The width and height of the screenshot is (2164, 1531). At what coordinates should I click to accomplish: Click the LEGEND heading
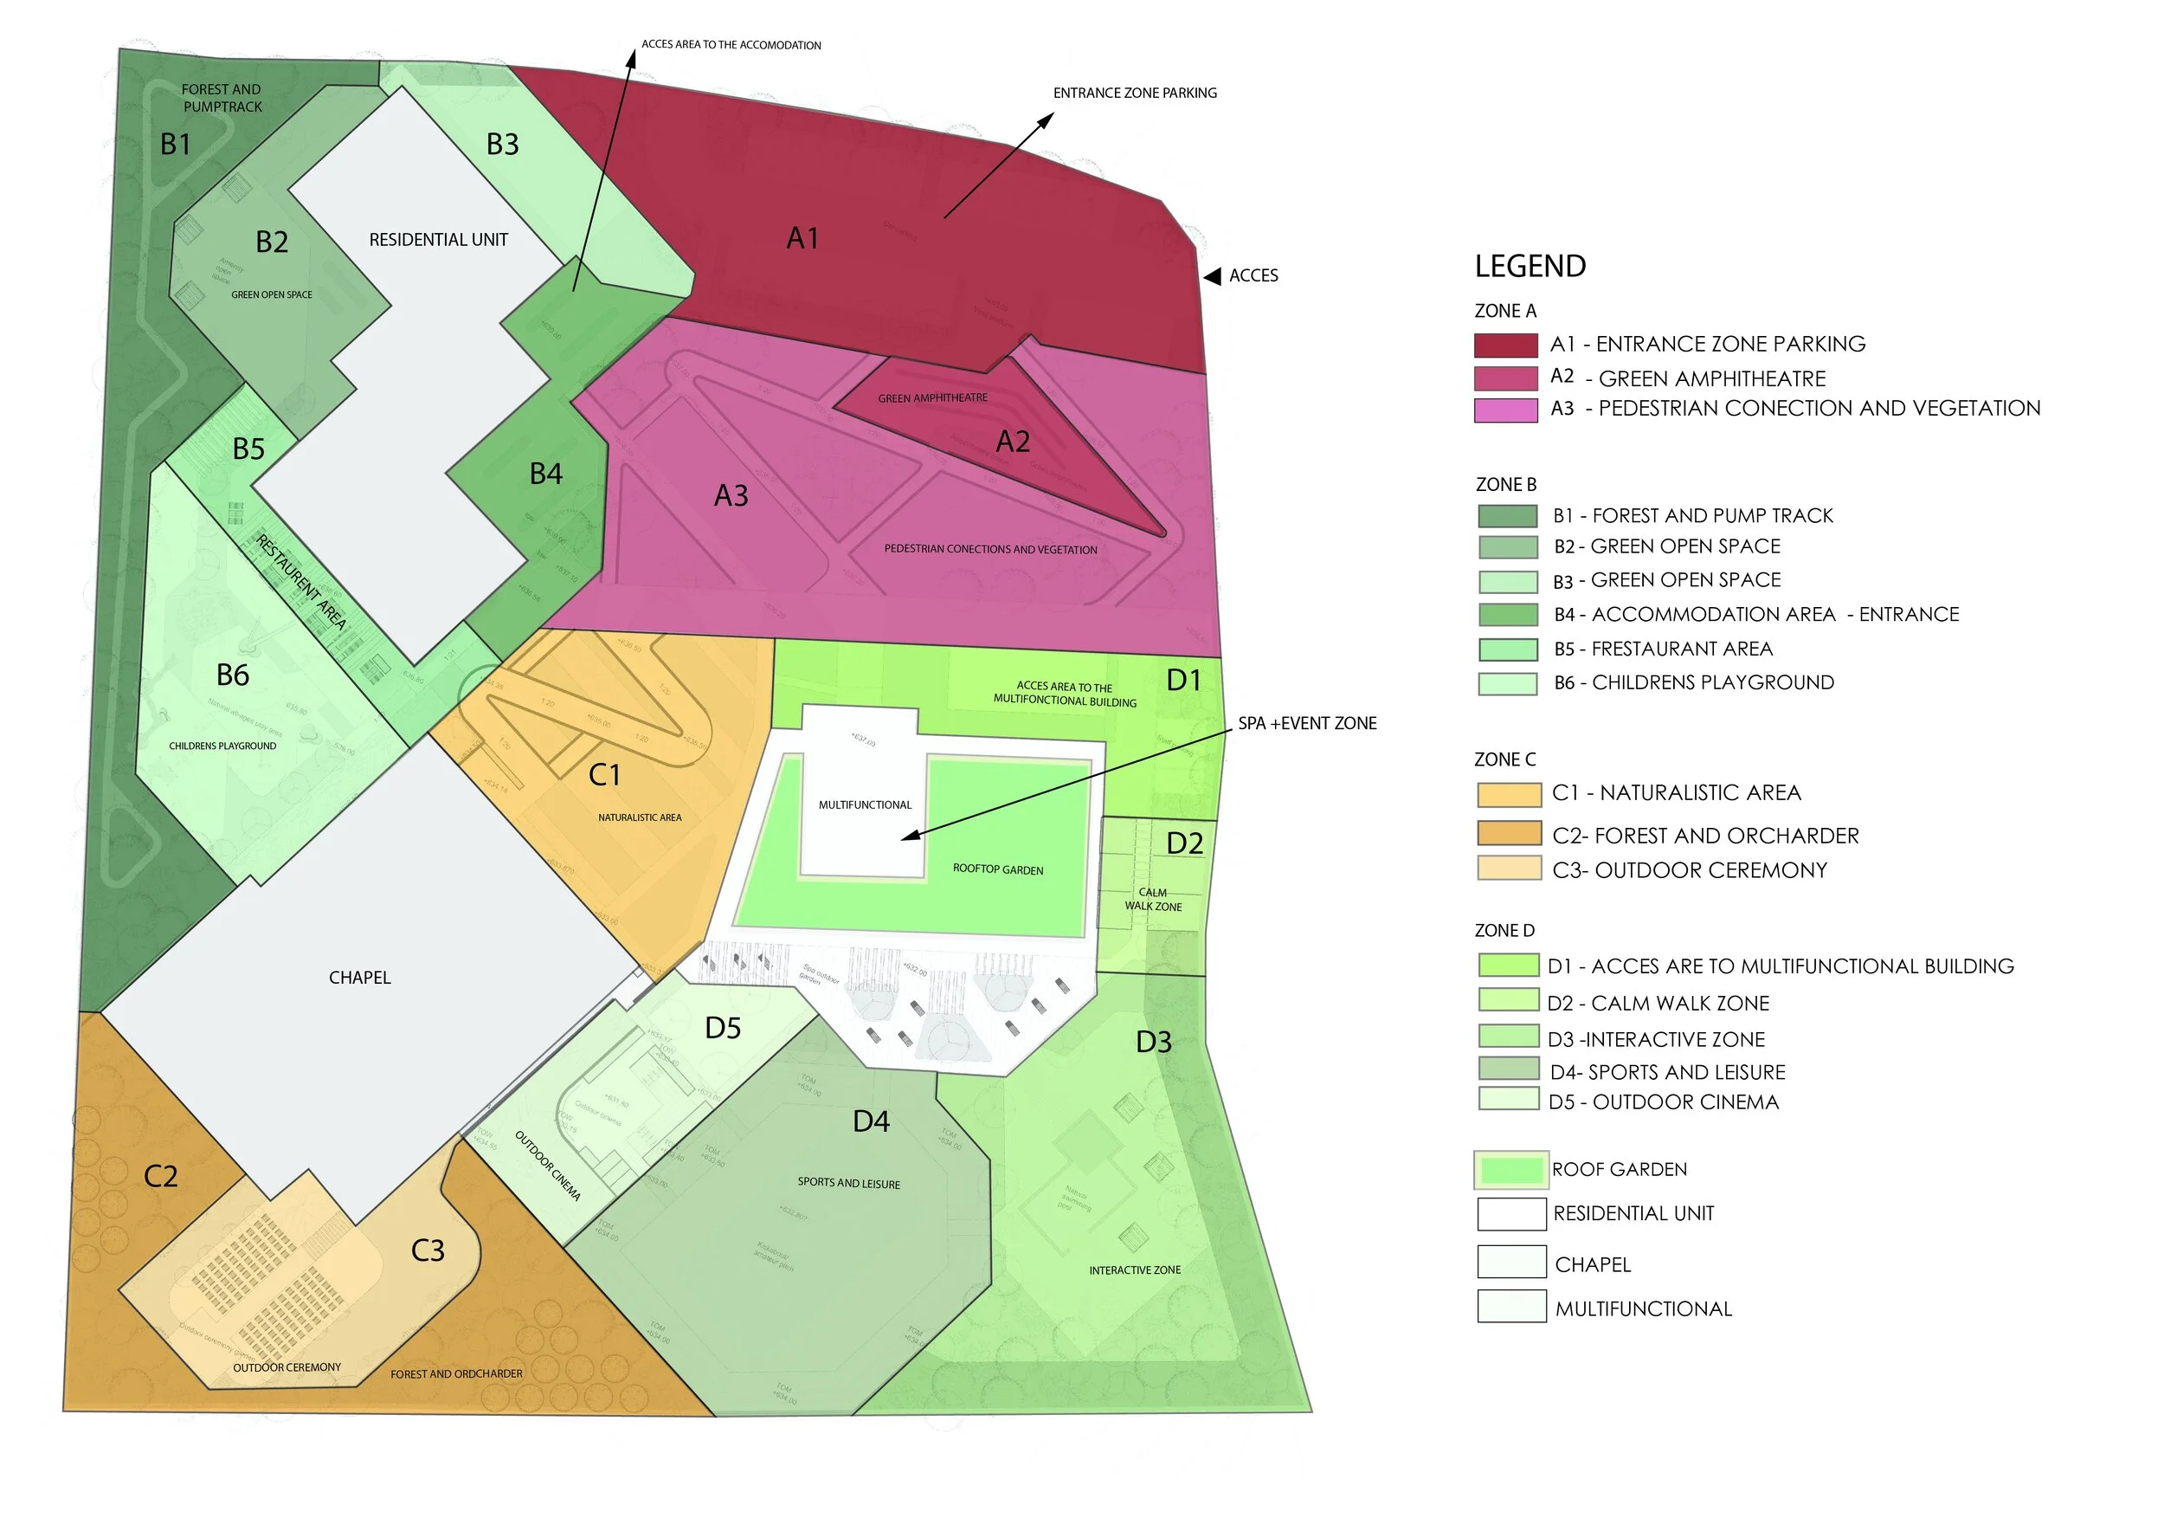coord(1530,267)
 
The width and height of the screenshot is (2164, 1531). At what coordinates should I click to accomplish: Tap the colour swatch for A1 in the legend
coord(1505,345)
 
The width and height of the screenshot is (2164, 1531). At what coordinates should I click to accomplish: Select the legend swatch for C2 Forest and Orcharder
coord(1508,833)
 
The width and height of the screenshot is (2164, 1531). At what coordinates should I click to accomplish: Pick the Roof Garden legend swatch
coord(1510,1170)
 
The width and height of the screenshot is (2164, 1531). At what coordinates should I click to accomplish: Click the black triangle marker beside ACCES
coord(1212,276)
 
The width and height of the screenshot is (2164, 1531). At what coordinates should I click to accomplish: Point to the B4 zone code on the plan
coord(545,474)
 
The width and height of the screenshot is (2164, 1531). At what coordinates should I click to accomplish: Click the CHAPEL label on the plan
coord(359,978)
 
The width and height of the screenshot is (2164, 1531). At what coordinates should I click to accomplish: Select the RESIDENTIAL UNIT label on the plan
coord(438,241)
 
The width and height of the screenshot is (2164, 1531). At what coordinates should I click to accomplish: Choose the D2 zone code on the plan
coord(1184,843)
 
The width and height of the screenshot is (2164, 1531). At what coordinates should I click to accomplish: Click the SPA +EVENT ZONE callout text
coord(1306,723)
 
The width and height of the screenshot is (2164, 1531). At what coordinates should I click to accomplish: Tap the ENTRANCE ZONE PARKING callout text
coord(1135,93)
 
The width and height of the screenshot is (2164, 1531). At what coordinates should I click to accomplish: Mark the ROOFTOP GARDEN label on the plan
coord(997,869)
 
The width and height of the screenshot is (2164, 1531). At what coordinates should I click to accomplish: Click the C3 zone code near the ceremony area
coord(427,1250)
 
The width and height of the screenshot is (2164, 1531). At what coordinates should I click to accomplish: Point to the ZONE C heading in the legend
coord(1504,759)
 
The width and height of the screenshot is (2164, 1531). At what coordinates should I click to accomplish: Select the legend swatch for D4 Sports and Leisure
coord(1508,1069)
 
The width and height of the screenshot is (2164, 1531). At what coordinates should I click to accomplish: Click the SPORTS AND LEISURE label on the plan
coord(848,1183)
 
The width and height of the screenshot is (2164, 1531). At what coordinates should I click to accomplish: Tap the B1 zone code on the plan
coord(176,145)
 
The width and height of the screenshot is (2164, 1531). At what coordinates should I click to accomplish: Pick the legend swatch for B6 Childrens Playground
coord(1507,683)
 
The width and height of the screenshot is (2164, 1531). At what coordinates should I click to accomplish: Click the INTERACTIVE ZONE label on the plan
coord(1134,1269)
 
